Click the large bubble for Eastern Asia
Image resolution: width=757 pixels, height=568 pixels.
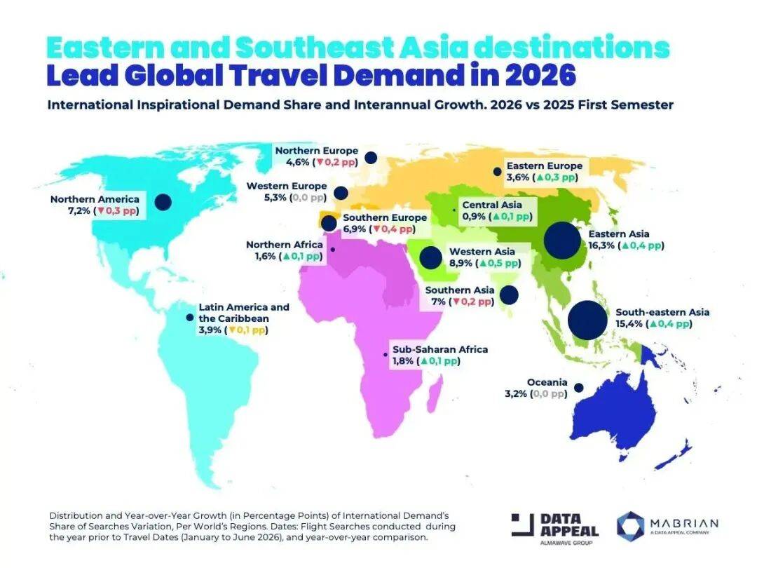[562, 241]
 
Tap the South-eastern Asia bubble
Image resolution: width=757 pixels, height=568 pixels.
[587, 319]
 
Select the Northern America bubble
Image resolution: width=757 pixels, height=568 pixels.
[163, 202]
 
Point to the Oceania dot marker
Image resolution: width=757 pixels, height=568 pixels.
[579, 387]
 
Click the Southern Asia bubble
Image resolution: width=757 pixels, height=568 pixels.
[508, 295]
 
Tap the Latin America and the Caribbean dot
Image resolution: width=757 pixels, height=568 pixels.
[189, 318]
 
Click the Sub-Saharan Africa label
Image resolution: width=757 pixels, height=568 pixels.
[439, 349]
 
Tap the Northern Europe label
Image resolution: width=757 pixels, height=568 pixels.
[316, 151]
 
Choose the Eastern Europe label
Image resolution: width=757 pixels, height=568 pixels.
[545, 165]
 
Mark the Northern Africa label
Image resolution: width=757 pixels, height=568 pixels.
[285, 245]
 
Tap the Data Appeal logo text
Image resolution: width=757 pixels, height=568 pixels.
[568, 525]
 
